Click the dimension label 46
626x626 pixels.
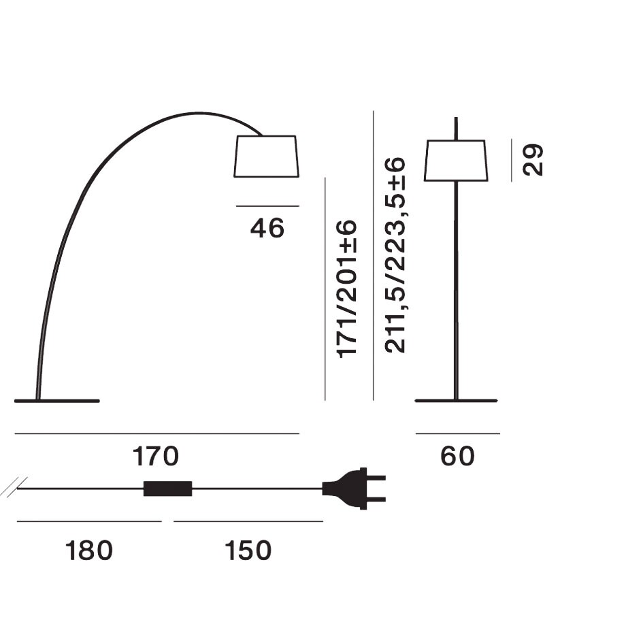pos(267,229)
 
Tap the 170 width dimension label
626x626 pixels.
pos(156,457)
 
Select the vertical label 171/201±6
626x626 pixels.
pos(346,289)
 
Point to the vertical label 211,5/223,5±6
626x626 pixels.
pos(395,256)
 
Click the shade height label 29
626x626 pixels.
pos(533,160)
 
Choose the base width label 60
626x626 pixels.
pos(457,457)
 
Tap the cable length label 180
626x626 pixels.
pos(89,550)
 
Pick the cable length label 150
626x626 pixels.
pos(248,550)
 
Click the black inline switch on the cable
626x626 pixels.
pos(167,489)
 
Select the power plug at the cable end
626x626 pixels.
pos(354,489)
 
